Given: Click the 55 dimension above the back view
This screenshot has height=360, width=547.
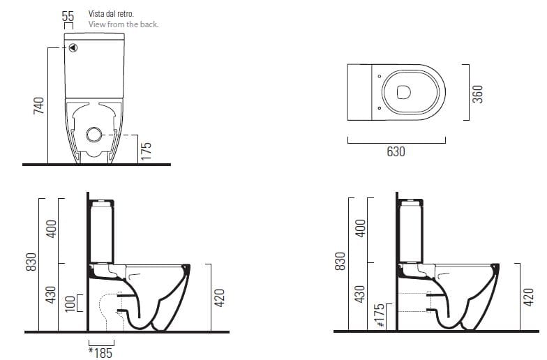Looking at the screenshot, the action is click(68, 16).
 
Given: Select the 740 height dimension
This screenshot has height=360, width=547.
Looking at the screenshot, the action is click(39, 106).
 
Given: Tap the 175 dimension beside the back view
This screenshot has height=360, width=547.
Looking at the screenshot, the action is click(147, 151).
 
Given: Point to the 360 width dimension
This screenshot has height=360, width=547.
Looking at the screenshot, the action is click(477, 94).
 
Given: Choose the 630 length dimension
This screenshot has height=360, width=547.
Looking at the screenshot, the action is click(396, 151).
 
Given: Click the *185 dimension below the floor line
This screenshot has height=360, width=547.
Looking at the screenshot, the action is click(100, 352).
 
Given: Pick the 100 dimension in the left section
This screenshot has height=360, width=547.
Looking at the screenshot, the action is click(70, 303).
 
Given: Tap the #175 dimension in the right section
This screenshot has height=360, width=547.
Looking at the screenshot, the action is click(380, 315).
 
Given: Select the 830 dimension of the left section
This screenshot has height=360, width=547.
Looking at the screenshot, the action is click(31, 262).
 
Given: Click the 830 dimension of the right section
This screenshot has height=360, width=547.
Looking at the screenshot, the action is click(340, 261).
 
